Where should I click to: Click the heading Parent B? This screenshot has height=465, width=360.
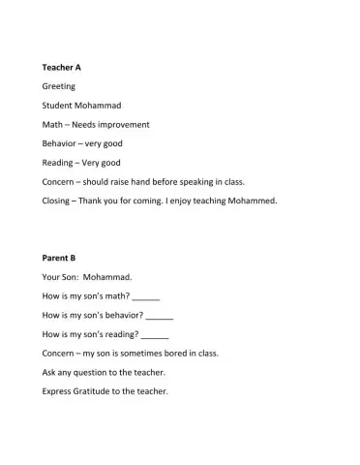(59, 258)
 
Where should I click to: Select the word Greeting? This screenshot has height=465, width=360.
(59, 86)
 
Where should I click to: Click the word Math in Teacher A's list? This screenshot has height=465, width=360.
(52, 124)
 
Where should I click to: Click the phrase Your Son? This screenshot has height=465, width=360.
(65, 277)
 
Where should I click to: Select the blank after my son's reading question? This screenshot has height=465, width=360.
(155, 335)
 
